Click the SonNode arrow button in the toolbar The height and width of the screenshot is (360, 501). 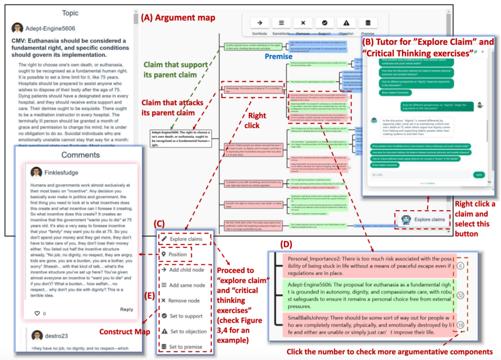(x=260, y=23)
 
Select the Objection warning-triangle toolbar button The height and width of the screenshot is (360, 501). (x=346, y=23)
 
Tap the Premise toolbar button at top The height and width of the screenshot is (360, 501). (x=367, y=23)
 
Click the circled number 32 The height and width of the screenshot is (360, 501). (x=475, y=294)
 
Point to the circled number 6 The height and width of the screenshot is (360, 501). (x=475, y=264)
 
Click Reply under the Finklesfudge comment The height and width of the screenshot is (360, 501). (x=127, y=309)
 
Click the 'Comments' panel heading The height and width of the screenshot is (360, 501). (x=81, y=155)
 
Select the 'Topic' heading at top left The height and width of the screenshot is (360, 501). (x=70, y=13)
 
